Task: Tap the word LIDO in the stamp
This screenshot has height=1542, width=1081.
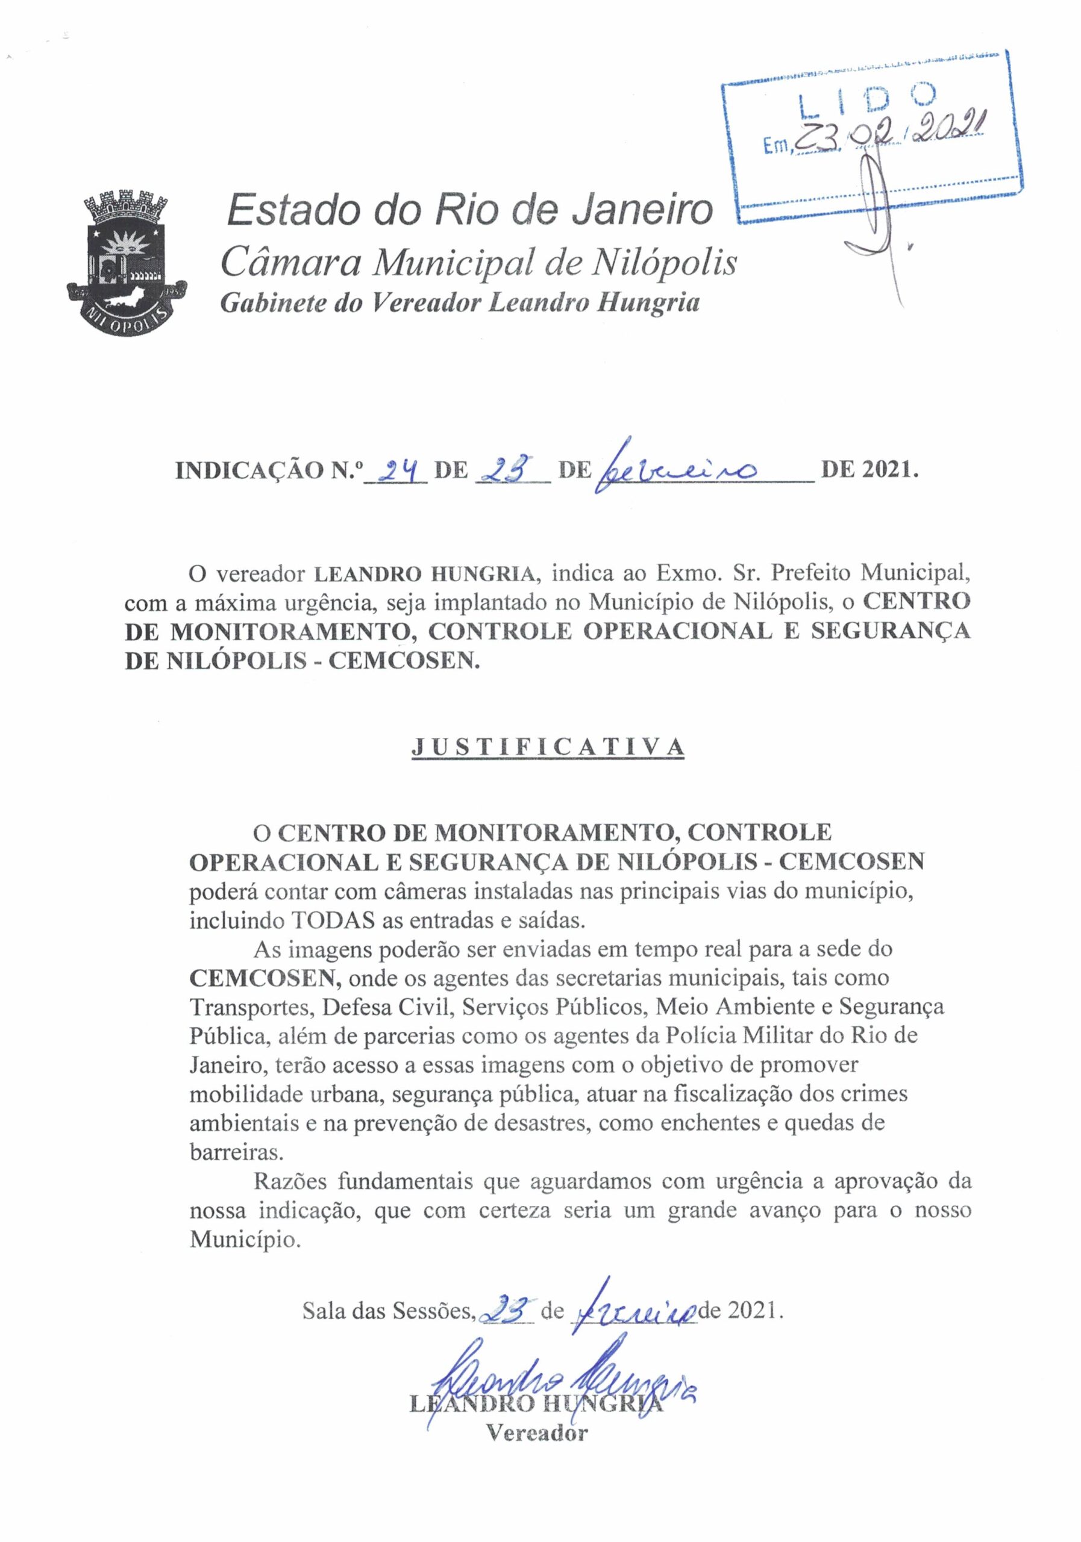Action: coord(867,101)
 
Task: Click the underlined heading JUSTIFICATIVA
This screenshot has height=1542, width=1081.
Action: coord(548,747)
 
